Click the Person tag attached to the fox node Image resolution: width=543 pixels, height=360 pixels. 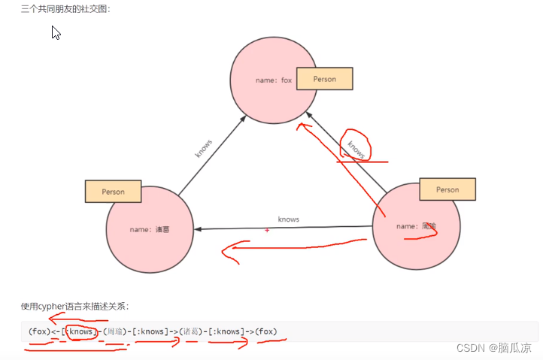pyautogui.click(x=325, y=80)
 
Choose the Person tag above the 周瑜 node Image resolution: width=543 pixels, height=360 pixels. pyautogui.click(x=447, y=189)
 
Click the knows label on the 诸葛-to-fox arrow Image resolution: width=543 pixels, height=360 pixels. pyautogui.click(x=204, y=148)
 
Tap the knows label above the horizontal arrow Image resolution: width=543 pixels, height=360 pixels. pyautogui.click(x=288, y=219)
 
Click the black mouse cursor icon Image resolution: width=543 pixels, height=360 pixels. pyautogui.click(x=56, y=33)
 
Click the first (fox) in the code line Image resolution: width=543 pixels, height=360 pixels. pyautogui.click(x=39, y=331)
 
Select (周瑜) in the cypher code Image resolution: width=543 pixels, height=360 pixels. pyautogui.click(x=115, y=331)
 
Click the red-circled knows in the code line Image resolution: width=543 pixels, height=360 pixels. pyautogui.click(x=80, y=331)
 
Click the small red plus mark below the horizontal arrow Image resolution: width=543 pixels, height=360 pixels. pyautogui.click(x=267, y=230)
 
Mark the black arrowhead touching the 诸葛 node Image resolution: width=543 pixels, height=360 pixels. pyautogui.click(x=198, y=228)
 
